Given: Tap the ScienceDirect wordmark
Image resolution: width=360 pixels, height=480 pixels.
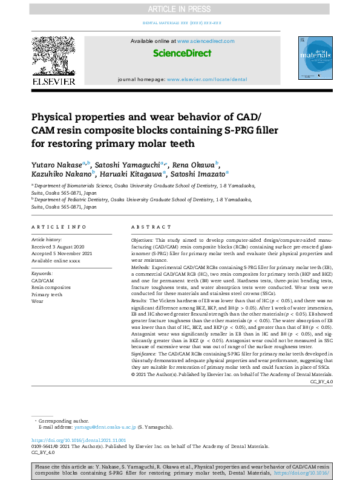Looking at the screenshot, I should coord(182,53).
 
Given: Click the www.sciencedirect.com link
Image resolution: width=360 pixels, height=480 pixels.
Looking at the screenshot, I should coord(206,41).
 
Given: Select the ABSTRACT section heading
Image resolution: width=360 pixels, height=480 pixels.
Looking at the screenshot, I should coord(151,227).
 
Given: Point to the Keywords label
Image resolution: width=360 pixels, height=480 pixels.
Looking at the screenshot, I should coord(42,274).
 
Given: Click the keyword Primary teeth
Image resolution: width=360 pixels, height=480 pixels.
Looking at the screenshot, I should coord(47,294).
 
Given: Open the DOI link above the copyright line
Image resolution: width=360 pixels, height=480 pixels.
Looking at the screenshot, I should coord(78,440).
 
